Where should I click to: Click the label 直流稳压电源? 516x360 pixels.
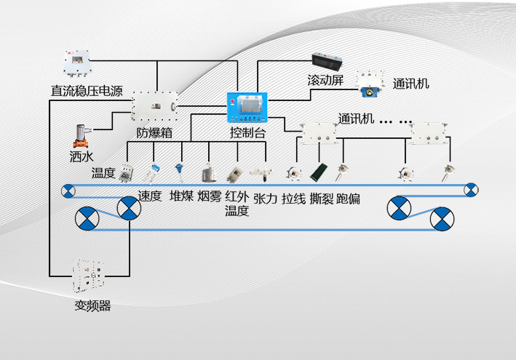[x=87, y=92]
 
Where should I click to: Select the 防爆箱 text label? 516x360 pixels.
[x=154, y=133]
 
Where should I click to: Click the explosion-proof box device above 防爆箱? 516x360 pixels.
[x=155, y=108]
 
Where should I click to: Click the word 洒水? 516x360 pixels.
[x=81, y=156]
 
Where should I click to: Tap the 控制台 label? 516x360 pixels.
[x=248, y=133]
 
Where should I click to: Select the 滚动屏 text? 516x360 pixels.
[x=325, y=81]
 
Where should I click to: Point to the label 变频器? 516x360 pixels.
[x=92, y=306]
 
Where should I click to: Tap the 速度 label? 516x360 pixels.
[x=149, y=196]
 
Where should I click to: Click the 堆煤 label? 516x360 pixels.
[x=181, y=196]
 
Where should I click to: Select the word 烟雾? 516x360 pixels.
[x=209, y=196]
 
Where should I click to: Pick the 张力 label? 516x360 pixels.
[x=265, y=199]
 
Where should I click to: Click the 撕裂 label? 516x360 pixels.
[x=321, y=199]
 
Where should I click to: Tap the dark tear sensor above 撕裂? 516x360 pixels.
[x=318, y=173]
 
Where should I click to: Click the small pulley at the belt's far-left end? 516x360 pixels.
[x=68, y=191]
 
